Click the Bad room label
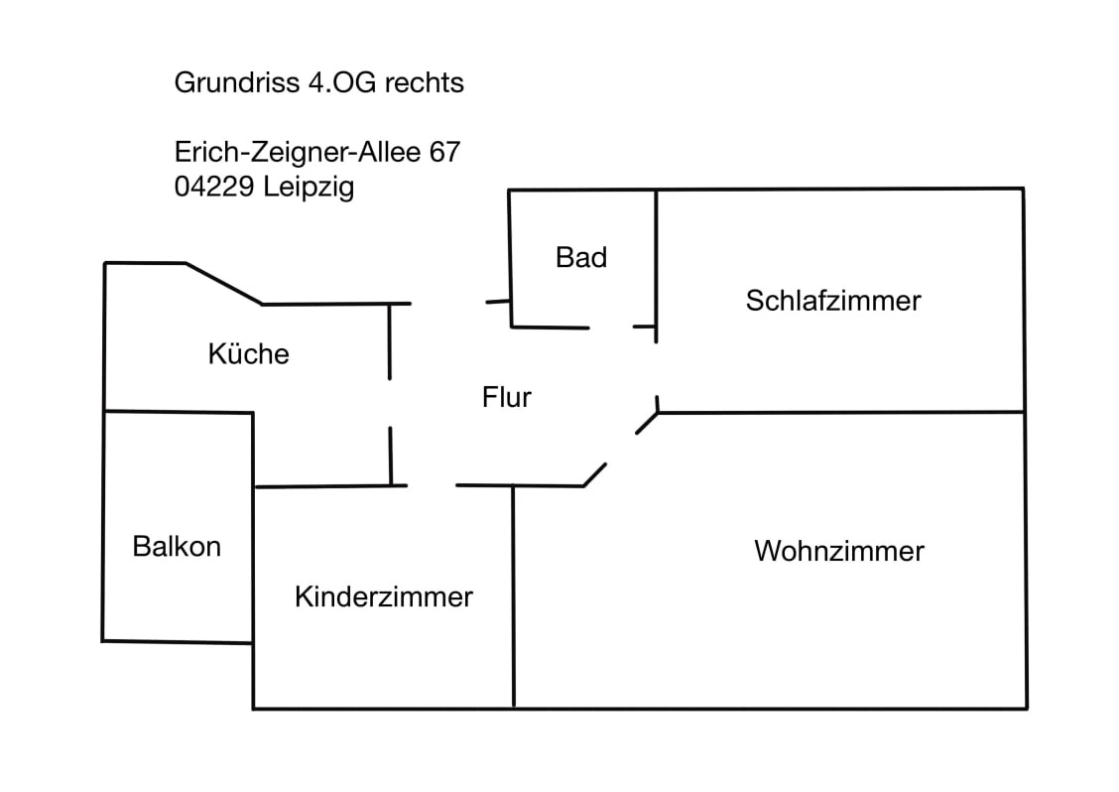click(581, 258)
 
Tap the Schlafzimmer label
click(833, 301)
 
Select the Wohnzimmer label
click(839, 551)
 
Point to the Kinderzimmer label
click(384, 597)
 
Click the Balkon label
click(177, 546)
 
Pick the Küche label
click(248, 354)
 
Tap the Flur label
click(507, 398)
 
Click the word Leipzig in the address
click(309, 188)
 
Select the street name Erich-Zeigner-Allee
click(298, 153)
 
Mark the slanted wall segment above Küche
click(224, 284)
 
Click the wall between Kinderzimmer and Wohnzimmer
click(513, 595)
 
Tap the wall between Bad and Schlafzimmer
click(656, 258)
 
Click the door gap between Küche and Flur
click(390, 403)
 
